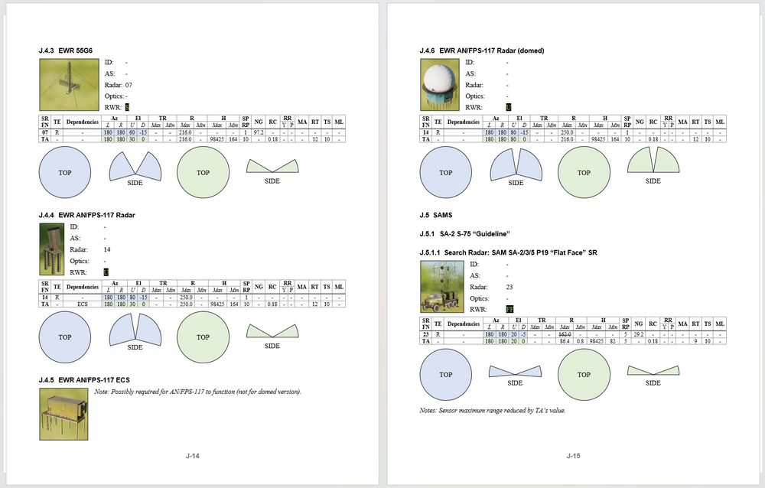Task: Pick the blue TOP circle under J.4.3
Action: pos(65,173)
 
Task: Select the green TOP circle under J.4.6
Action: pos(584,173)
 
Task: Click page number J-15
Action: pos(573,457)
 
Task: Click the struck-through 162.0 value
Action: pos(565,334)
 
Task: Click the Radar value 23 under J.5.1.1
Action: pos(509,287)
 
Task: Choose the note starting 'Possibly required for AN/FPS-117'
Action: pos(197,392)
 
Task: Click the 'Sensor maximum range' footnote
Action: pos(493,410)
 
